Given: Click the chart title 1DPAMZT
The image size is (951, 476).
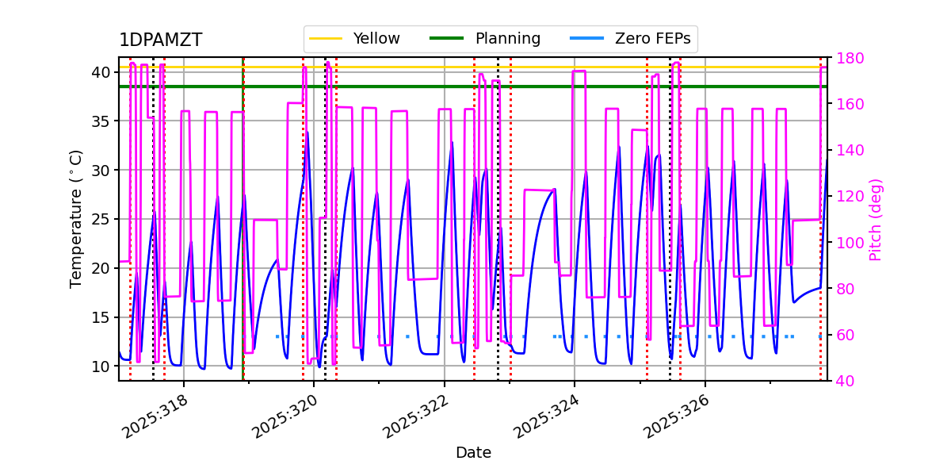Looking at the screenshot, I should tap(160, 40).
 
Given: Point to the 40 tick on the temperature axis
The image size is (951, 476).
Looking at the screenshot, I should tap(102, 72).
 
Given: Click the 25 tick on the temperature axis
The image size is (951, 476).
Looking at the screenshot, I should tap(102, 219).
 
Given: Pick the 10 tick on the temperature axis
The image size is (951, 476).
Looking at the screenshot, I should tap(102, 367).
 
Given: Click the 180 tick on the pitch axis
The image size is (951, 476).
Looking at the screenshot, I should tap(848, 58).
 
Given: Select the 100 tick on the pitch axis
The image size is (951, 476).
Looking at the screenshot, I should tap(848, 243).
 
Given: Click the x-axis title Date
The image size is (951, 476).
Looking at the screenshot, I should tap(473, 453).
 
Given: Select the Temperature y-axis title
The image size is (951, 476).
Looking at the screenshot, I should tap(76, 219).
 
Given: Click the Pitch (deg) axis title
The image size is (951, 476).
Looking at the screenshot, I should tap(876, 219).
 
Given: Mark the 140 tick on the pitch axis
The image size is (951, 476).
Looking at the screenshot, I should tap(848, 150).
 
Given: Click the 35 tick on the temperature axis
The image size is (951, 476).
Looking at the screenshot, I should tap(102, 121).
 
